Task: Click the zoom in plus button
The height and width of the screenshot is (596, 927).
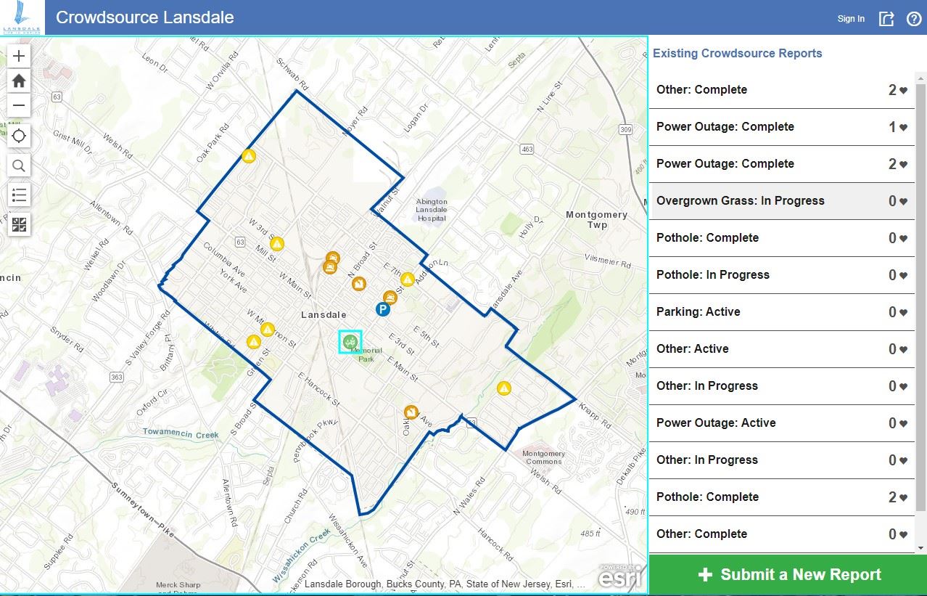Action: (19, 56)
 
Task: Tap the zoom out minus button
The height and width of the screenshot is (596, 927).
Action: (19, 105)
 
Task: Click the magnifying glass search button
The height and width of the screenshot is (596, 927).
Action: (19, 166)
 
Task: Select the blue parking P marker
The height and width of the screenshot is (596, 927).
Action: (383, 310)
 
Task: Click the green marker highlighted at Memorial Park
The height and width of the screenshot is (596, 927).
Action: (350, 341)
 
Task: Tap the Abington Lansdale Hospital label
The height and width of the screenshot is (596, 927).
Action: (432, 210)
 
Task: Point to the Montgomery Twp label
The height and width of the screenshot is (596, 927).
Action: (596, 219)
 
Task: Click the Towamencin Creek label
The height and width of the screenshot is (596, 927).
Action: (181, 434)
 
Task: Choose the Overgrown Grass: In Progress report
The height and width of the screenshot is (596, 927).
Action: (740, 201)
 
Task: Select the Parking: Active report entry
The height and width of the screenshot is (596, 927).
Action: (698, 312)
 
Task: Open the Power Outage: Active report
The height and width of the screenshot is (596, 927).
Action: (716, 423)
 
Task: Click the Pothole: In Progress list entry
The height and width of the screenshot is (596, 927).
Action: (712, 275)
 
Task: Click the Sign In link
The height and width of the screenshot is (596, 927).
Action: (851, 19)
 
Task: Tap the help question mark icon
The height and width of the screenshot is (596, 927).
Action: (913, 19)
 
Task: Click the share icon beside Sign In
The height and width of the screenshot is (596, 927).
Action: (886, 19)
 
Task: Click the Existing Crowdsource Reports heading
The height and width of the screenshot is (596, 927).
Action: (737, 54)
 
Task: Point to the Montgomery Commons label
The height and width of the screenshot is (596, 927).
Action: (543, 457)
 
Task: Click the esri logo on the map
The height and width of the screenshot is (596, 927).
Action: (617, 578)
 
